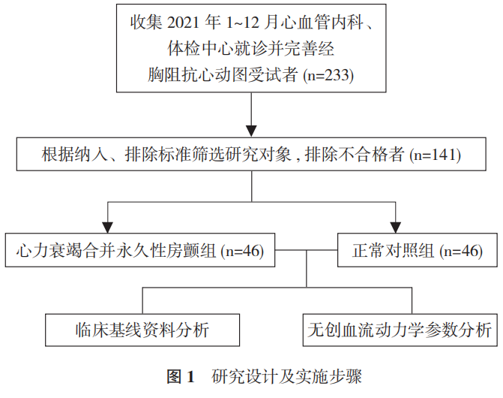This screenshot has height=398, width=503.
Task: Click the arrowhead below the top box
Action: coord(252,122)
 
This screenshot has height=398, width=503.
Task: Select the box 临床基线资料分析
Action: coord(137,330)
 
